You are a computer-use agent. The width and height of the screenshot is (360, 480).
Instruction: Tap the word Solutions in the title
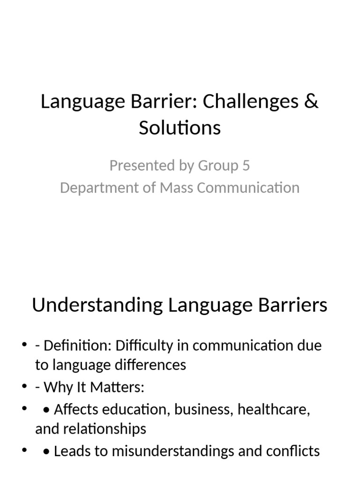pos(180,127)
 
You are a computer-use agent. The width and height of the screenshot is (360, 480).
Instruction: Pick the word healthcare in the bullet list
pos(274,409)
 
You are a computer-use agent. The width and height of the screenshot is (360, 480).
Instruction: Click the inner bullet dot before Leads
pos(46,452)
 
